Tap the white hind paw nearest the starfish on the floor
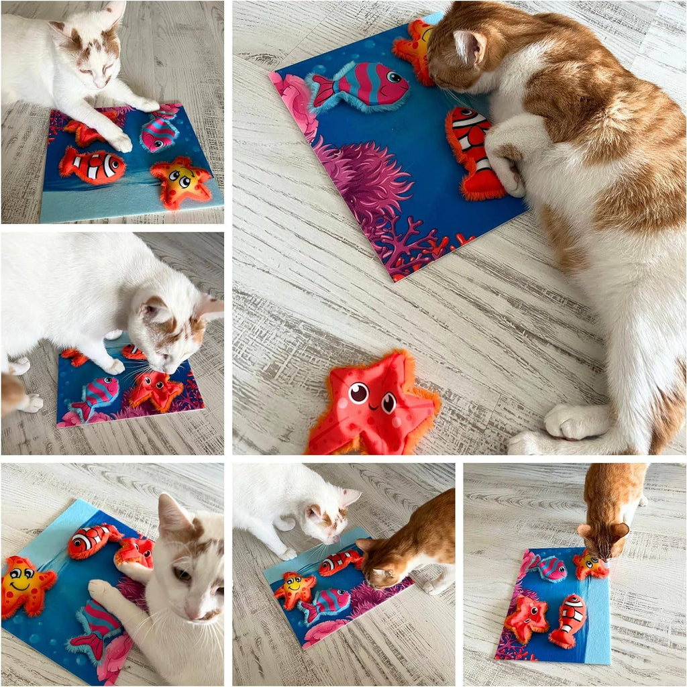click(570, 421)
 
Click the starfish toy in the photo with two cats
click(294, 588)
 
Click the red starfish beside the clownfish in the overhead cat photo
click(527, 617)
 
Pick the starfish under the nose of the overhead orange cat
click(588, 565)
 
